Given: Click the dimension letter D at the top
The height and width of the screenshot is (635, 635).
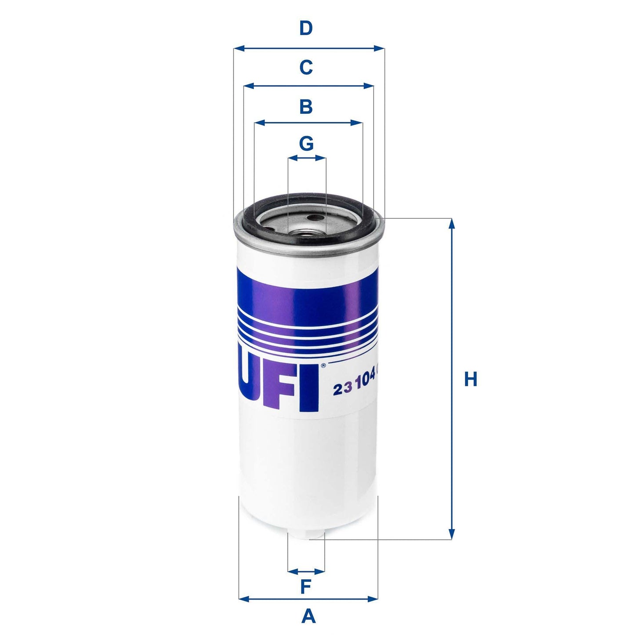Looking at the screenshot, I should pos(306,29).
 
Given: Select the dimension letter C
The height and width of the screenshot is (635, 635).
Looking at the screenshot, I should pos(306,68).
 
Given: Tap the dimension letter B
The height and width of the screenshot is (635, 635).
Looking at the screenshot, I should pos(306,107).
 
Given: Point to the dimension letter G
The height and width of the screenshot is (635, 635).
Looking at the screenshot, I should pos(306,143).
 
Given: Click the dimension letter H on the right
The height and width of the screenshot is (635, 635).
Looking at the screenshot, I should pos(471,379).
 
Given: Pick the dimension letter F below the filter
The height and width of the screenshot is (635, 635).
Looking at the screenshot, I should pos(306,587).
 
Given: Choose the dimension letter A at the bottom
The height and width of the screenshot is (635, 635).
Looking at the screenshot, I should pos(308,616).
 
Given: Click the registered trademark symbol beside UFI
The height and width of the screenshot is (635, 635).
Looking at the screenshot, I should pos(323,365).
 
